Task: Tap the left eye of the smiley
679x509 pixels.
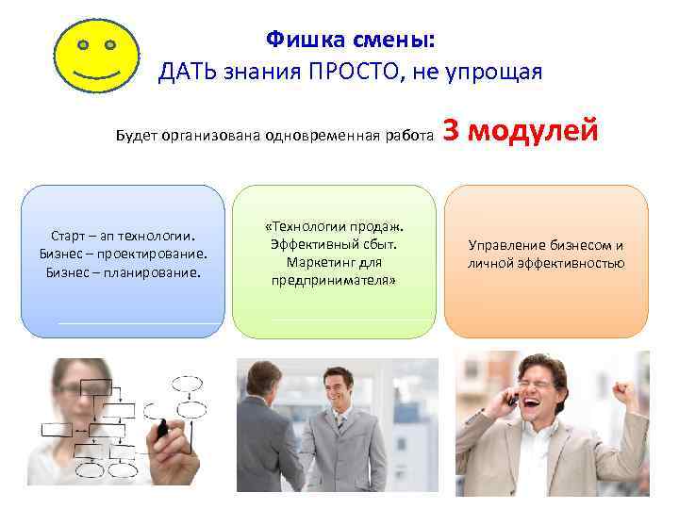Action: tap(83, 44)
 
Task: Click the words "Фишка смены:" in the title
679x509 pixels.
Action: tap(351, 39)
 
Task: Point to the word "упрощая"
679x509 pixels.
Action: tap(496, 72)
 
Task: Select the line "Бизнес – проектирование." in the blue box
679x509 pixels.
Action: tap(123, 254)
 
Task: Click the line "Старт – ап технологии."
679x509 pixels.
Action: tap(123, 236)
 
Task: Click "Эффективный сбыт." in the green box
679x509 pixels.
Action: tap(334, 244)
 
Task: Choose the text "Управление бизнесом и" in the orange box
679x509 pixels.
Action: tap(546, 246)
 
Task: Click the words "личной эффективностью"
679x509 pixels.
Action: tap(546, 264)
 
